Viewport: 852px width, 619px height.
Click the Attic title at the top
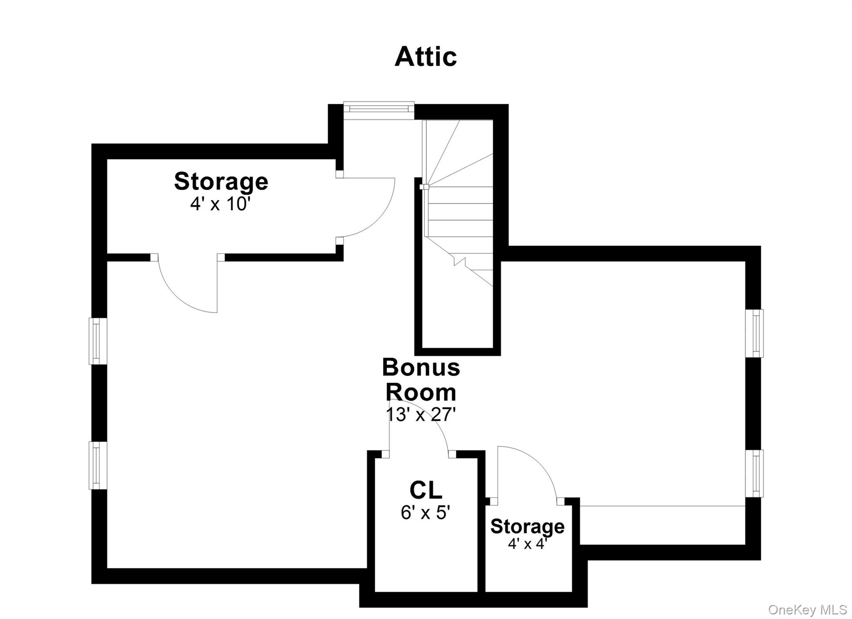pyautogui.click(x=425, y=57)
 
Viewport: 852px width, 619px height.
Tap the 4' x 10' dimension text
pyautogui.click(x=220, y=204)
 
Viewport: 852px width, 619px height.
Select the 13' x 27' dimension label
pyautogui.click(x=421, y=414)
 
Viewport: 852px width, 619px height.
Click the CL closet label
pyautogui.click(x=426, y=490)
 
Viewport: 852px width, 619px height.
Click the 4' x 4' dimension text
pyautogui.click(x=527, y=543)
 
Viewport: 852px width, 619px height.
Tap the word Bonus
pyautogui.click(x=421, y=367)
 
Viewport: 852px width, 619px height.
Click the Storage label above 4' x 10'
pyautogui.click(x=221, y=181)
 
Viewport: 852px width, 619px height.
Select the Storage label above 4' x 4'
pyautogui.click(x=527, y=526)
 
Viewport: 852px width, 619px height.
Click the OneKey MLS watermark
pyautogui.click(x=807, y=610)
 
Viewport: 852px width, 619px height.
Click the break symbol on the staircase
pyautogui.click(x=460, y=261)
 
